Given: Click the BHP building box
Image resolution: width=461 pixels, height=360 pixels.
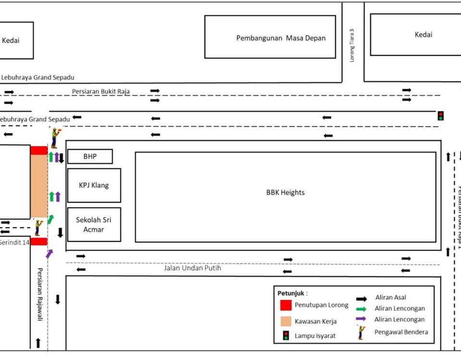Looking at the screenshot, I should [x=90, y=156].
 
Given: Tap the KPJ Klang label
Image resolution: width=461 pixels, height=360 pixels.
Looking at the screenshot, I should [x=94, y=185].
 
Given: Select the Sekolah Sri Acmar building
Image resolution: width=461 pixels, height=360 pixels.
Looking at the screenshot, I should [x=94, y=225].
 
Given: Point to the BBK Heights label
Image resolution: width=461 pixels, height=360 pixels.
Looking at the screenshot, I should [x=285, y=192].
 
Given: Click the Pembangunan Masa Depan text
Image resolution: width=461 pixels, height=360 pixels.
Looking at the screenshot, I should [x=280, y=38].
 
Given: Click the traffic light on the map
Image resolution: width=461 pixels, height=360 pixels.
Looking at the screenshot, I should [x=440, y=116].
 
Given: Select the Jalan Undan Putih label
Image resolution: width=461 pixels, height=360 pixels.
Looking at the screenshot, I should [x=192, y=268].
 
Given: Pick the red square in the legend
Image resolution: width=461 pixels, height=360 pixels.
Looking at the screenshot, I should [x=286, y=305].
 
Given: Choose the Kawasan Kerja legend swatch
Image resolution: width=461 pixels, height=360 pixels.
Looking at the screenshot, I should [x=286, y=321].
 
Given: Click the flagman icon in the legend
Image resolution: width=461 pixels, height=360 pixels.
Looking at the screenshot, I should [x=360, y=332].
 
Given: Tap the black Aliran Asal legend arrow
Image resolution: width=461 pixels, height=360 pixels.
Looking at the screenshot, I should [x=361, y=298].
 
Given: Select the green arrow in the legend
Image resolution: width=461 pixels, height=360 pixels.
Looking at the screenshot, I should [x=361, y=309].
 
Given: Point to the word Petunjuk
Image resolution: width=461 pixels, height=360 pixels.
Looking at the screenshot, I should [x=291, y=293].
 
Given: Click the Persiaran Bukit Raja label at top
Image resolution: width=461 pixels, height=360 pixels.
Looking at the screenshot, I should [x=101, y=91].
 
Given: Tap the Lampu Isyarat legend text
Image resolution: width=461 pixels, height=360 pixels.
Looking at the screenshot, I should [x=315, y=336].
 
